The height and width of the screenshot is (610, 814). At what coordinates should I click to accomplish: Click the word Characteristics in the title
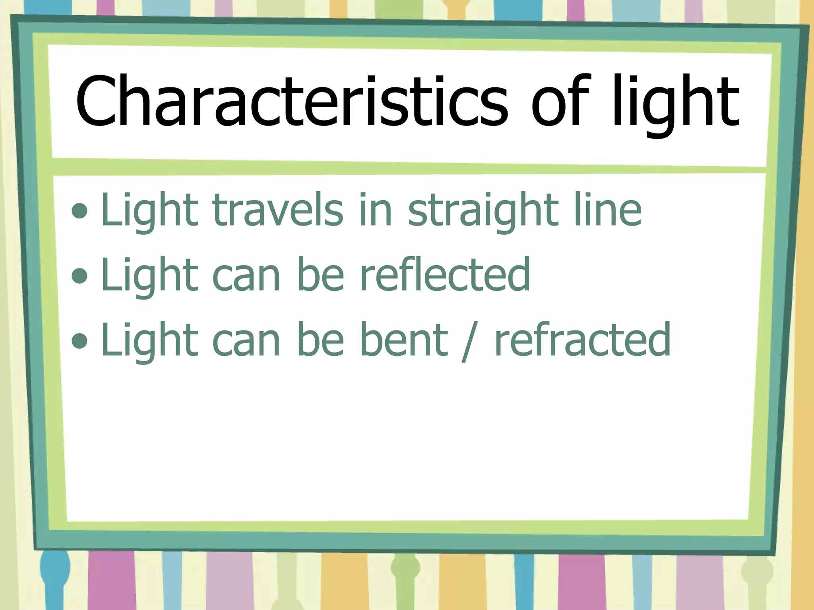291,102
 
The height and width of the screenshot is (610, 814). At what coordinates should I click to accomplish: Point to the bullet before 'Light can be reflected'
80,276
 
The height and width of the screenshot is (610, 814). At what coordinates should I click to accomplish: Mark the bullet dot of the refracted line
80,340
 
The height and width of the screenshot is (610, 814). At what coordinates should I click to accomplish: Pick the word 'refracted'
583,339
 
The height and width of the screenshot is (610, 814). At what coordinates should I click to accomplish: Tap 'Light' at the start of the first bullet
149,210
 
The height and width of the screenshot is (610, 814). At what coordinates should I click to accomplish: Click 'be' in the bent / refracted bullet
320,339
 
